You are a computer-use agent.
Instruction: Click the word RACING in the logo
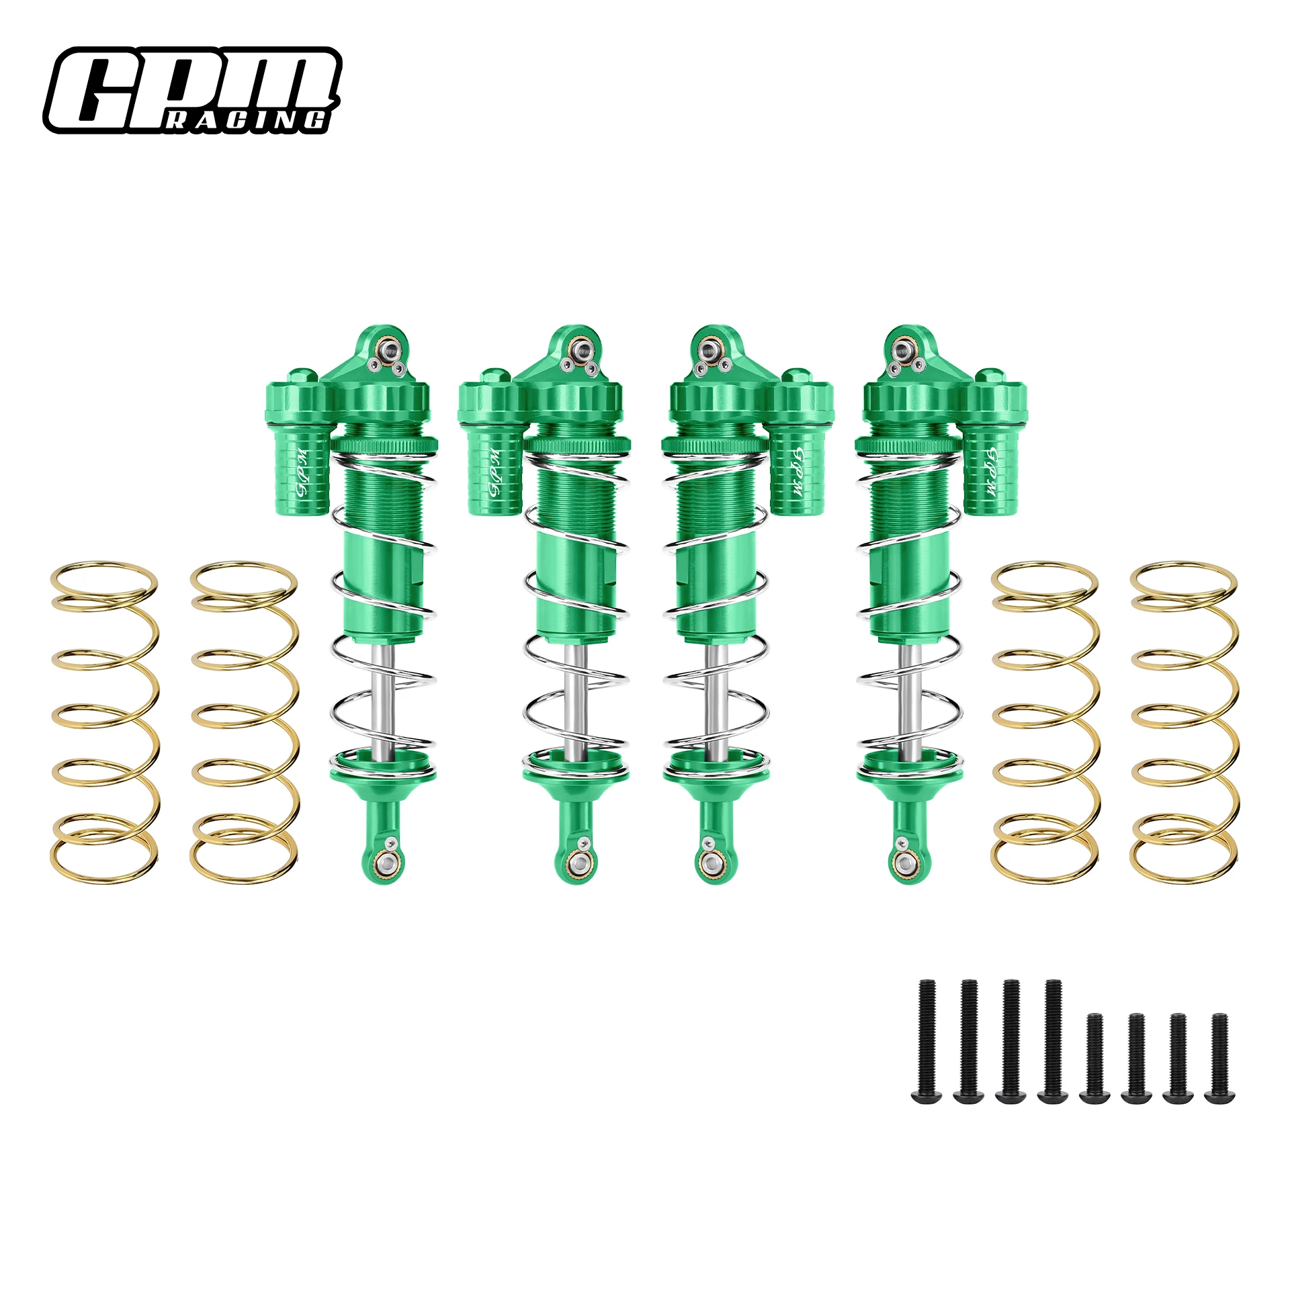click(x=247, y=120)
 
